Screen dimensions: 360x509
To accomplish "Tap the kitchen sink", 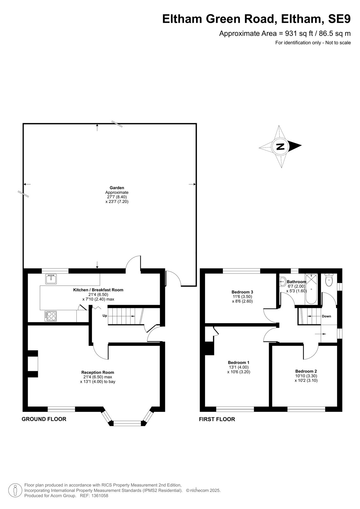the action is coord(51,279).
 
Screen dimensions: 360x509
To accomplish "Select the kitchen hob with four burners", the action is coord(51,316).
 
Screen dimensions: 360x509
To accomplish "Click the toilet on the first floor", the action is coord(328,280).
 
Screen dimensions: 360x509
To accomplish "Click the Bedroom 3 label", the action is coord(242,292).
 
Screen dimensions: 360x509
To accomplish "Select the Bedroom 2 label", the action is coord(306,371).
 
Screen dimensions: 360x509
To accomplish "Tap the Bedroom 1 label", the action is coord(238,362).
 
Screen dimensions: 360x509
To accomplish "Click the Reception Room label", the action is coord(98,373).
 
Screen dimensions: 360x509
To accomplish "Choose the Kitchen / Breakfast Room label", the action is coord(98,290).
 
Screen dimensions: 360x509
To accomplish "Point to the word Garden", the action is coord(117,188).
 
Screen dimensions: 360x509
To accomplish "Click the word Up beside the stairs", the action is coord(105,316).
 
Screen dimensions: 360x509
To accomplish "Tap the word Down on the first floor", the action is coord(326,316).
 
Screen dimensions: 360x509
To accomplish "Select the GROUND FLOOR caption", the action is coord(44,419).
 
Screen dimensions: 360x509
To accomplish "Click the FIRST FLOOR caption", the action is coord(217,419).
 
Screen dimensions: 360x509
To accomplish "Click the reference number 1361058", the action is coord(99,496).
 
